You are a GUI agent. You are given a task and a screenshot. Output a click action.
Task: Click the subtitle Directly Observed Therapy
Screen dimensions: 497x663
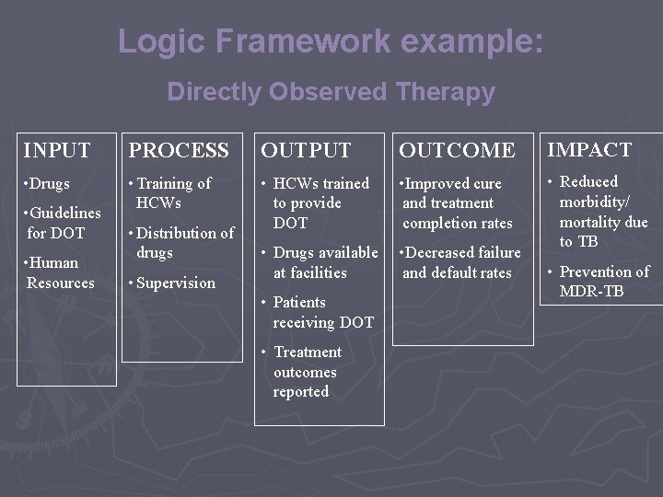click(331, 92)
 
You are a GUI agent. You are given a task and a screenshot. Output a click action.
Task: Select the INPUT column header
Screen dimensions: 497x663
click(57, 150)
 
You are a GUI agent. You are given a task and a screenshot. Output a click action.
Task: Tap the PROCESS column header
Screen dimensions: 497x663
click(179, 150)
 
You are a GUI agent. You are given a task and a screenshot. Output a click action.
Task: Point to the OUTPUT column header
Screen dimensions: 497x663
click(306, 150)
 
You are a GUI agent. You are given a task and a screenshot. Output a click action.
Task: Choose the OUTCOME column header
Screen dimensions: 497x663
click(456, 150)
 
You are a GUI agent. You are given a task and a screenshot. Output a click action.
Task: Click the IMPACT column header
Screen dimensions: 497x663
click(588, 149)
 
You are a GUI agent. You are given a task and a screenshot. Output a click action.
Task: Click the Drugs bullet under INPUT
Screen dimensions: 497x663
click(49, 184)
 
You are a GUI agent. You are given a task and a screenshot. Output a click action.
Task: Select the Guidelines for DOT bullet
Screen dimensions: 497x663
click(63, 223)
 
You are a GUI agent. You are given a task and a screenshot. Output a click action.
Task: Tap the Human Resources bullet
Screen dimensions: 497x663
click(60, 272)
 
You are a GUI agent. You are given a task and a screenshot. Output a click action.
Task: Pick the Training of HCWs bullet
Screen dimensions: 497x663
click(171, 193)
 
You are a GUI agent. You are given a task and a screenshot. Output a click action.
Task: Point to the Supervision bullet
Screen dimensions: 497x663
click(175, 283)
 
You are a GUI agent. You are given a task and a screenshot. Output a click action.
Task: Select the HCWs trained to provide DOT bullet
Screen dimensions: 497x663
click(319, 202)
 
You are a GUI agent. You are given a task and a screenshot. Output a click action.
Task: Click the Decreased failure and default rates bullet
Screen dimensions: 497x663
click(459, 262)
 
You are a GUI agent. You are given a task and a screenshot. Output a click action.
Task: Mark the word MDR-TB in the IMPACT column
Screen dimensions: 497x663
click(592, 292)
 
